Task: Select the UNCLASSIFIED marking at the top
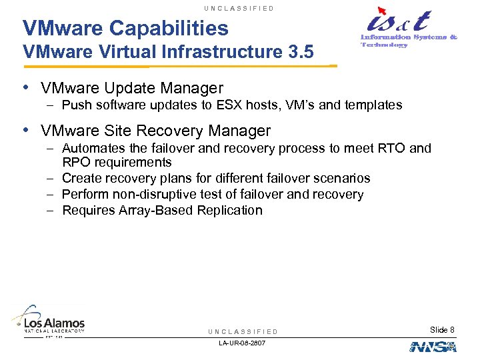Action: pyautogui.click(x=240, y=8)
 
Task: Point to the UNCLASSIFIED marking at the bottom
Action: pyautogui.click(x=243, y=331)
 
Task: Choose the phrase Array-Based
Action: pyautogui.click(x=155, y=210)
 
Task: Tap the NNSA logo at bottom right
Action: pyautogui.click(x=433, y=347)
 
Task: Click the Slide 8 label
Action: pyautogui.click(x=442, y=330)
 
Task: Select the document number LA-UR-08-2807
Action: pyautogui.click(x=242, y=343)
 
